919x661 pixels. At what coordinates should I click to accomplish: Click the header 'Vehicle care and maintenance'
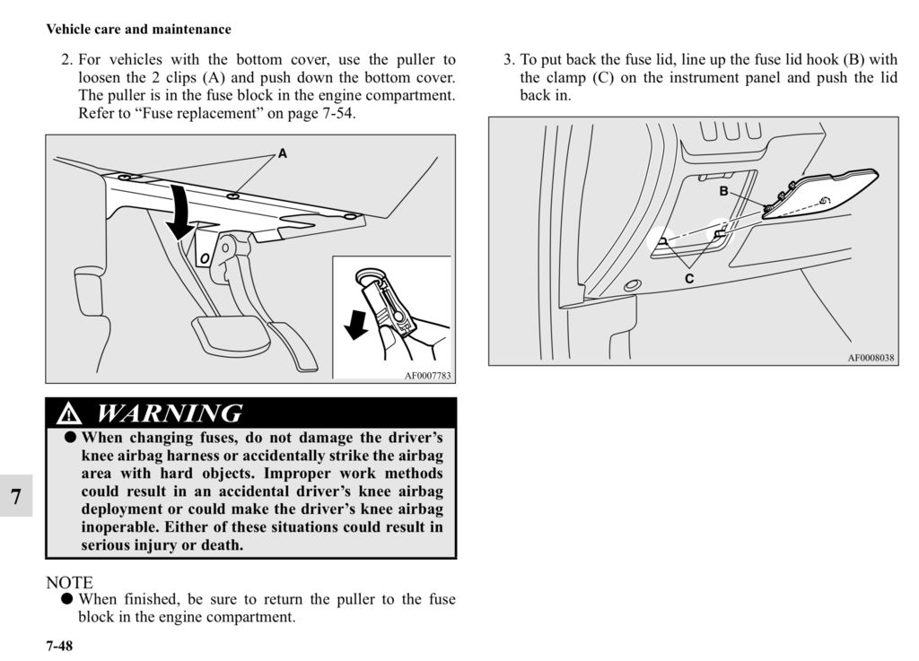point(138,30)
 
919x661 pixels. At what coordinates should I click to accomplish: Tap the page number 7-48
point(59,646)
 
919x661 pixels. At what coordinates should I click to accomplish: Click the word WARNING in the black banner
point(169,413)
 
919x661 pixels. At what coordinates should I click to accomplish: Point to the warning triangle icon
point(68,414)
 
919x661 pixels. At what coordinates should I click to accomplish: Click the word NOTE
point(69,583)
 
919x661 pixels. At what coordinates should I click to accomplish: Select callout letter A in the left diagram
point(283,154)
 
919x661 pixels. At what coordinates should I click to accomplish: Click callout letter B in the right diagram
point(722,192)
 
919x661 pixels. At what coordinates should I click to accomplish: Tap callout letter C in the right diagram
point(689,279)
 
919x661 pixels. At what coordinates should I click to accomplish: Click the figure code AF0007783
point(426,376)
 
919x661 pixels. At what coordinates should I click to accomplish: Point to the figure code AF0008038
point(871,357)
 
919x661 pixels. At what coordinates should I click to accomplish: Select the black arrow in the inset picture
point(356,325)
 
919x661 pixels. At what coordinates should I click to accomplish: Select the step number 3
point(508,61)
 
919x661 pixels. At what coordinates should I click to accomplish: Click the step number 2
point(66,61)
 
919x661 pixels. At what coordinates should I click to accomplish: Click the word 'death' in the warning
point(222,544)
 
